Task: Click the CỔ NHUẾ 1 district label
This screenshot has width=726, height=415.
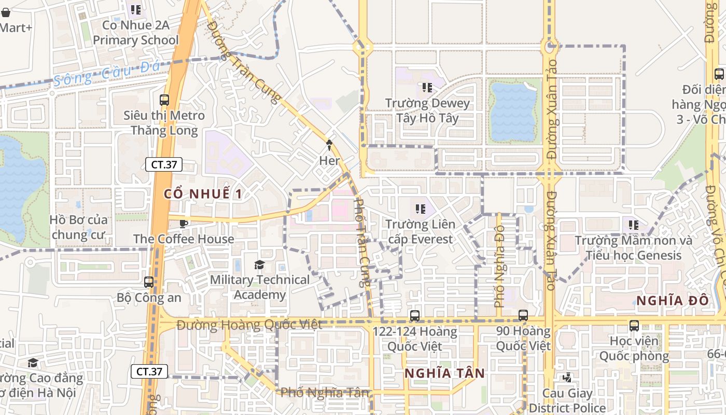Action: click(x=203, y=194)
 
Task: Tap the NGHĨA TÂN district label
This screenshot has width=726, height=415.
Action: click(x=444, y=374)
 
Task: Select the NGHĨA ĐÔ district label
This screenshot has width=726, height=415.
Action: click(x=672, y=301)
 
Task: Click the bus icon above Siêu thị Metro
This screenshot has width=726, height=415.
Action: click(x=164, y=100)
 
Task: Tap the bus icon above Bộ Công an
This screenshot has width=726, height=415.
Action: click(x=149, y=282)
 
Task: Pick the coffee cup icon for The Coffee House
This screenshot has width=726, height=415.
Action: click(x=183, y=224)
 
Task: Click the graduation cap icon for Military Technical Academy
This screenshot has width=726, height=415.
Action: click(x=259, y=265)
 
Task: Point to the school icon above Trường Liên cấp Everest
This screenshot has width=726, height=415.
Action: click(x=420, y=209)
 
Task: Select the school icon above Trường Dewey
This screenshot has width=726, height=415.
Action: click(x=427, y=88)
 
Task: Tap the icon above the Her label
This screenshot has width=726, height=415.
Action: click(x=329, y=145)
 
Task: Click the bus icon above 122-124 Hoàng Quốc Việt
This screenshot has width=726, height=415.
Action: click(x=415, y=315)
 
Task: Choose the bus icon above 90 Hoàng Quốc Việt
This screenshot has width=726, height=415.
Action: click(x=523, y=315)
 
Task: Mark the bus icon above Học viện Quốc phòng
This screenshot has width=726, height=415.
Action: click(x=634, y=326)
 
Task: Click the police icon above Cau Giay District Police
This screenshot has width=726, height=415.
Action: click(x=567, y=378)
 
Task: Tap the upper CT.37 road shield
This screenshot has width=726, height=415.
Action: click(x=164, y=165)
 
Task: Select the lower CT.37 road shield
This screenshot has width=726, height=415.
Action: click(x=149, y=371)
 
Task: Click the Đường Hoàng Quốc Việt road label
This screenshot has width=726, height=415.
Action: click(x=249, y=325)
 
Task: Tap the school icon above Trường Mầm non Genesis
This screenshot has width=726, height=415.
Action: click(x=633, y=225)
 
